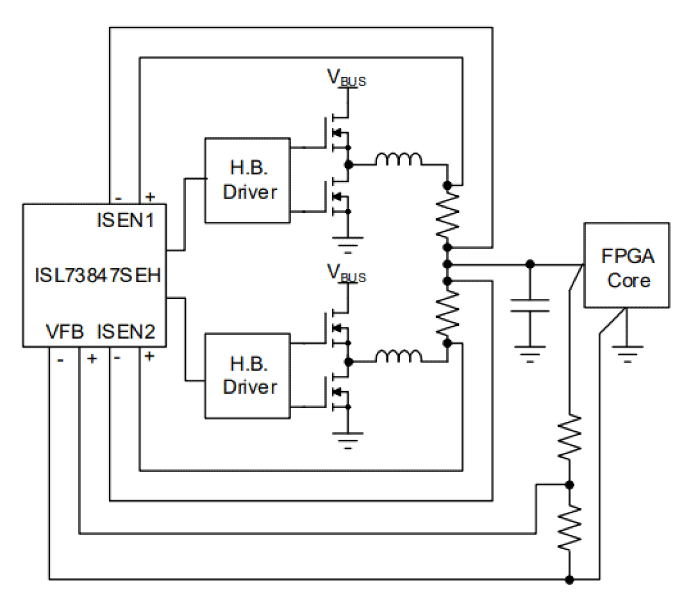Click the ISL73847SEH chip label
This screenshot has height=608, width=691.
(97, 275)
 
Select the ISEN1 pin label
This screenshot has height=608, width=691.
(125, 221)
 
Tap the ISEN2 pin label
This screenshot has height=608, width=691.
(126, 332)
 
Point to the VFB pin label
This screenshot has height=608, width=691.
(64, 332)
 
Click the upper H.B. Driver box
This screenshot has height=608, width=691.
(248, 180)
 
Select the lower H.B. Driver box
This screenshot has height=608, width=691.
(248, 376)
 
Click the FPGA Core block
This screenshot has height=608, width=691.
(627, 265)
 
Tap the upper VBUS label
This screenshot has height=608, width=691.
(346, 78)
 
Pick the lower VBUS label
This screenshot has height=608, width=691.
(346, 273)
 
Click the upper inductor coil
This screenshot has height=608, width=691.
(399, 160)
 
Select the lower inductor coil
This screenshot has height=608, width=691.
(399, 357)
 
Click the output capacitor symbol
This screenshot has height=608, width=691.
(530, 305)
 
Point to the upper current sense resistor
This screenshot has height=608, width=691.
(447, 216)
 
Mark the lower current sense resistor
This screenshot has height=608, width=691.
(447, 313)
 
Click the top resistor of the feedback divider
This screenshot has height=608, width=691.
(569, 437)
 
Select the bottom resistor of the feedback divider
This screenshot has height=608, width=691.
(569, 528)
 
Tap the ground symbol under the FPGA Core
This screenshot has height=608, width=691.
(627, 352)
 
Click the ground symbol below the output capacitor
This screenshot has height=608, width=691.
(530, 353)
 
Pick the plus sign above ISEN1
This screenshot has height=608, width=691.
(150, 196)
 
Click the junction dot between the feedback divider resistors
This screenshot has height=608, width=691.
(569, 485)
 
